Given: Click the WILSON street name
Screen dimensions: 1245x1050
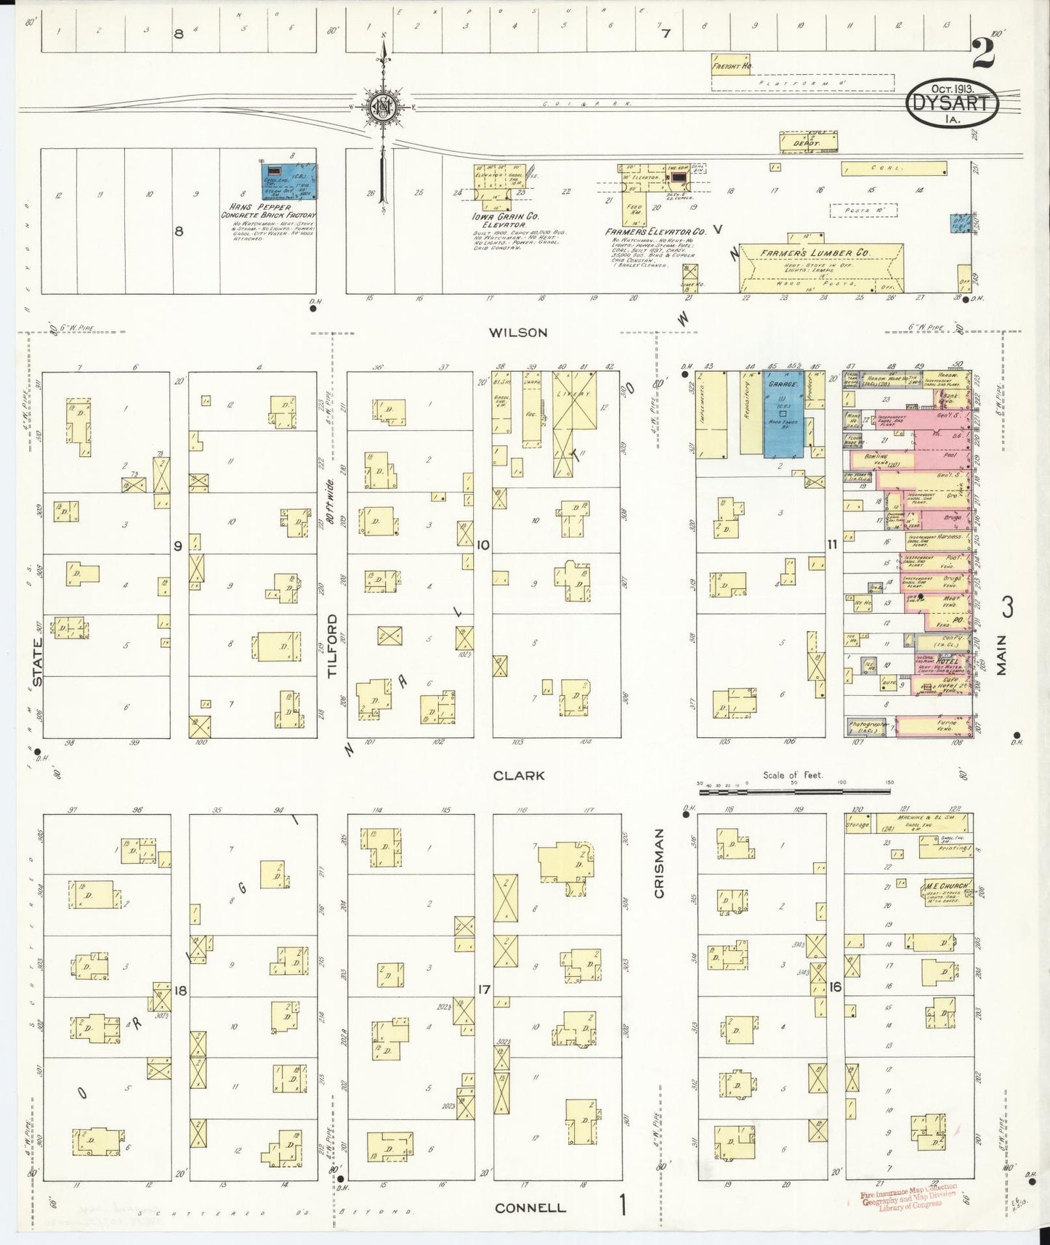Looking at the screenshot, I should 517,333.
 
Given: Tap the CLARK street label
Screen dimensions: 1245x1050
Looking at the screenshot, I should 518,775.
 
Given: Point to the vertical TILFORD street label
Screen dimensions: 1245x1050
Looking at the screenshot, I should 334,646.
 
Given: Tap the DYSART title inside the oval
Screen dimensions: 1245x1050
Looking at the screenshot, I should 951,103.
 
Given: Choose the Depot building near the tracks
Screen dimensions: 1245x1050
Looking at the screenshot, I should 809,142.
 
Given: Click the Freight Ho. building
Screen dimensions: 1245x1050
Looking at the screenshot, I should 732,66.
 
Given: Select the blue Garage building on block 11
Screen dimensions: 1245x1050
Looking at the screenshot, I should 783,416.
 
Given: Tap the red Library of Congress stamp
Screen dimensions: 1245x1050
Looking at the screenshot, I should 908,1194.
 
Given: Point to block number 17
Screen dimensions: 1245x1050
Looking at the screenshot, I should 484,989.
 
